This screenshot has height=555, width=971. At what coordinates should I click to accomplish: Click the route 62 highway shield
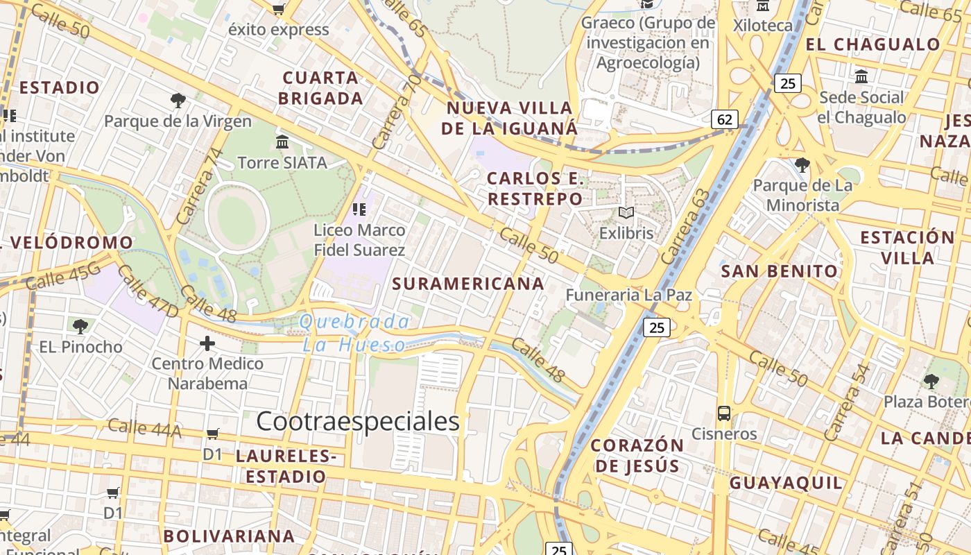tap(725, 119)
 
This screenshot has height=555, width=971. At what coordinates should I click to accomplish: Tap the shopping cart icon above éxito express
tap(278, 9)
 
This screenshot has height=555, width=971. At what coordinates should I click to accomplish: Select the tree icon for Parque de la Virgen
tap(178, 101)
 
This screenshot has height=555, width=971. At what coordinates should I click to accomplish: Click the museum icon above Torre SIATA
tap(282, 142)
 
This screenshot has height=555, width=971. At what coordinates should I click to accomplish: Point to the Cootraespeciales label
tap(358, 421)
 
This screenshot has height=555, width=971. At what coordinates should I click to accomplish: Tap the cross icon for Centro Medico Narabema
tap(207, 343)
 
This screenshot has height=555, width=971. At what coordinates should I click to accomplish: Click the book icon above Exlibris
tap(626, 213)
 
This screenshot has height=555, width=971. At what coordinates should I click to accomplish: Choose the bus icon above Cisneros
tap(724, 413)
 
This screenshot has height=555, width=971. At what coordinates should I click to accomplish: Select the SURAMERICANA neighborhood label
tap(468, 283)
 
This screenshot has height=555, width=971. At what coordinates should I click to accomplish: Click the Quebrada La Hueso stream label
tap(354, 333)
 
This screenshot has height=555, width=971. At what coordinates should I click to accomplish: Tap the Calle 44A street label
tap(144, 429)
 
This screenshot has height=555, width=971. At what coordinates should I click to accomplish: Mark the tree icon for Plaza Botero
tap(931, 381)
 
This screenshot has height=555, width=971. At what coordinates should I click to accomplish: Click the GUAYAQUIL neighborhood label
tap(786, 482)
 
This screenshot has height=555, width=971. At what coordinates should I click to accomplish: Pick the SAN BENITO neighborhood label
tap(780, 271)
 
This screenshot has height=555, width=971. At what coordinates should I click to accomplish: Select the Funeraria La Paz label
tap(628, 295)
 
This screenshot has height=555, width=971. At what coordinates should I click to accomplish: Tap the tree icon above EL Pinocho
tap(80, 326)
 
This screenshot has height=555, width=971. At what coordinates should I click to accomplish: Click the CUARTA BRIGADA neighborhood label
tap(320, 88)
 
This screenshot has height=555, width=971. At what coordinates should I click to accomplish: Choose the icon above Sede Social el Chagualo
tap(861, 76)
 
